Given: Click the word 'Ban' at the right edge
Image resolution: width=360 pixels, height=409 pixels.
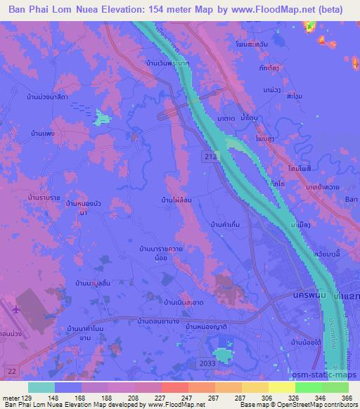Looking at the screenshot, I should [351, 199].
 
